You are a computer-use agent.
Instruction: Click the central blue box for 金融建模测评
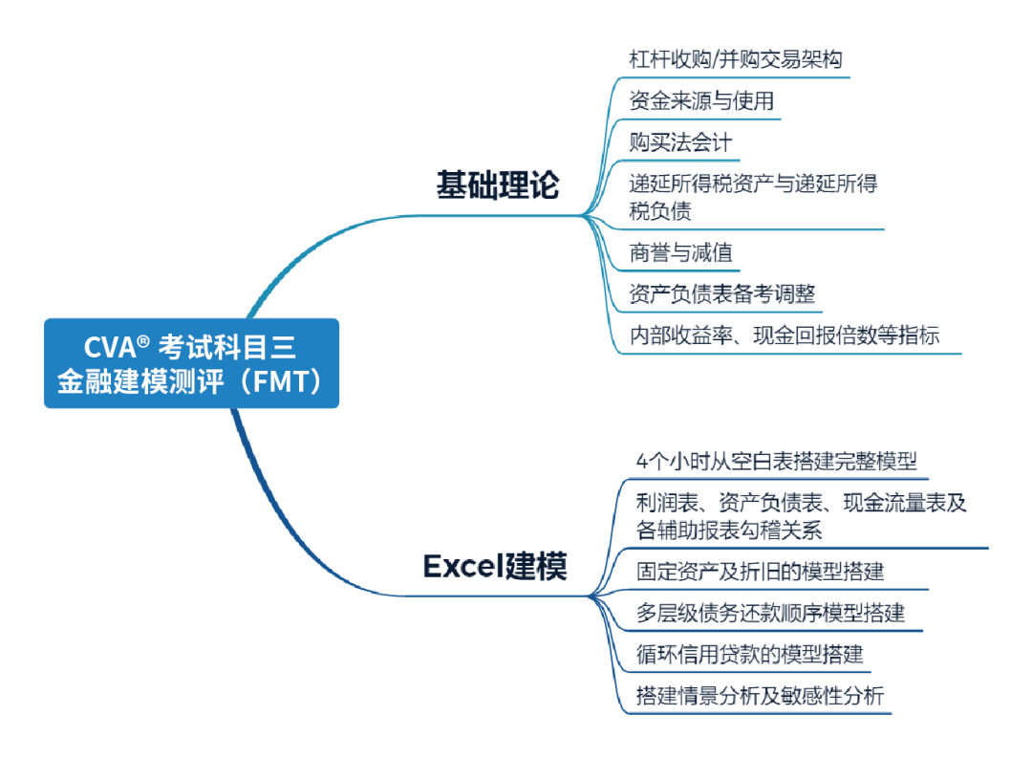tap(191, 363)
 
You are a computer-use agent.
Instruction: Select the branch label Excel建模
tap(495, 567)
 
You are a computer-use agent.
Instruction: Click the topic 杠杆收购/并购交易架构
tap(736, 58)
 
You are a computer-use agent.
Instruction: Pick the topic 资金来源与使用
tap(701, 100)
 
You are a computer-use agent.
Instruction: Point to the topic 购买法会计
tap(680, 142)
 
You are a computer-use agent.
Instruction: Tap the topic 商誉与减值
tap(680, 253)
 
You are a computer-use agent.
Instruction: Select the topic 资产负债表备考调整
tap(722, 293)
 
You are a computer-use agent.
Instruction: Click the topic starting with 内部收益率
tap(784, 335)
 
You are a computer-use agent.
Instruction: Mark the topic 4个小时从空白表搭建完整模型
tap(777, 461)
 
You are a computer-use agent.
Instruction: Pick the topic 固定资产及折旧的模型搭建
tap(761, 572)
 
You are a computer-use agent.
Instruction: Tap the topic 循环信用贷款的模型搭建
tap(750, 655)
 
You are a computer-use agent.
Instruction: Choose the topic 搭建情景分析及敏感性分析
tap(761, 696)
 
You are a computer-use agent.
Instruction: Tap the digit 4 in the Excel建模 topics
tap(641, 461)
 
